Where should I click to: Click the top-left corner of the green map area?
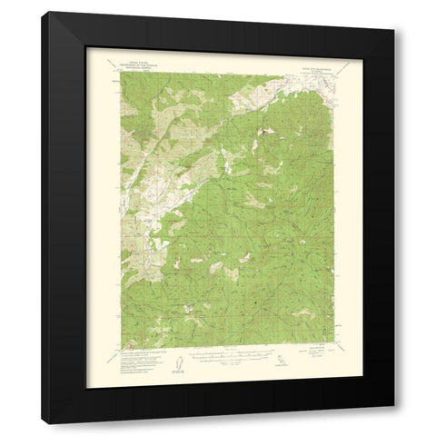pyautogui.click(x=118, y=70)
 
